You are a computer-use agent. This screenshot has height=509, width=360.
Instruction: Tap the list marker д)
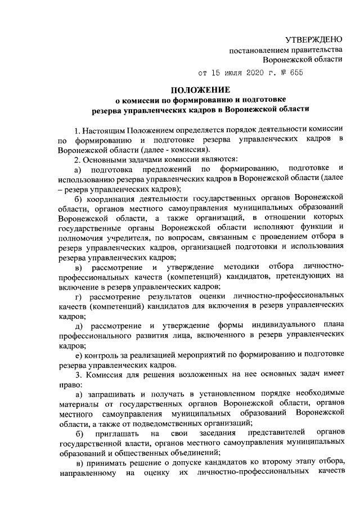tap(79, 327)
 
